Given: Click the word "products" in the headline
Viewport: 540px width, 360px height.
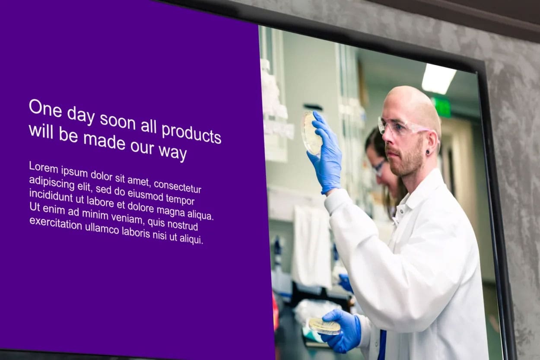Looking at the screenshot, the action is coord(191,134).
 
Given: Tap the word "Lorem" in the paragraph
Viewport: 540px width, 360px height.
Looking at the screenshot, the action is coord(44,167).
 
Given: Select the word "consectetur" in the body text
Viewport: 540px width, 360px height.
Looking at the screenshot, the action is coord(178,187).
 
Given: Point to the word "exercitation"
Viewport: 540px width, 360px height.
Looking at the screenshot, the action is coord(56,223).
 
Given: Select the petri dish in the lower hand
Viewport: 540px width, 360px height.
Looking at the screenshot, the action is coord(324,326).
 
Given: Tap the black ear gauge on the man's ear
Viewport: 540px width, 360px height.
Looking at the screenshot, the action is coord(427,152).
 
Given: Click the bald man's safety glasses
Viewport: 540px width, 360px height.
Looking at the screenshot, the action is coord(403,126).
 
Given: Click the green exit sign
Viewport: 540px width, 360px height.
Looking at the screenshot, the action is coord(442,107).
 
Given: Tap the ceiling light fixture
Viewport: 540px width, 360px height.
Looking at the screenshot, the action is coord(438,78).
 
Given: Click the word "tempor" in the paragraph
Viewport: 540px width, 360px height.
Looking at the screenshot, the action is coord(180,200).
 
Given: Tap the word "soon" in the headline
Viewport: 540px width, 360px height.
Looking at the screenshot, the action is coord(118,122).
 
